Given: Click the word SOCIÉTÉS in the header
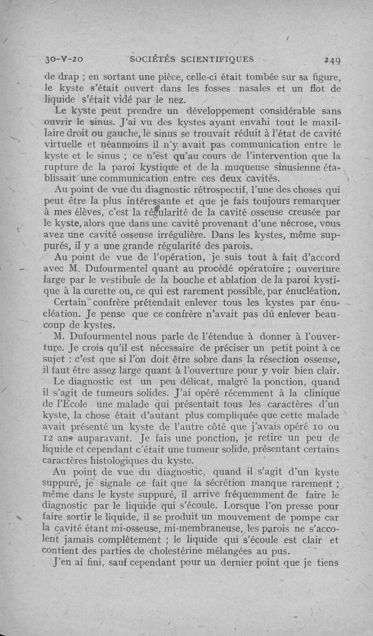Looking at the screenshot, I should click(148, 59).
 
